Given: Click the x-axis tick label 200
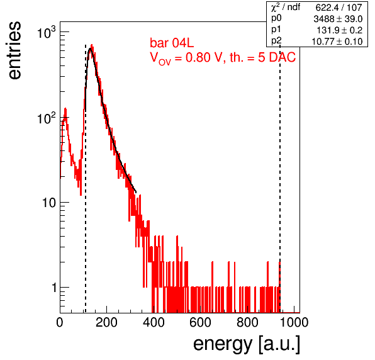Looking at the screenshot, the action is (106, 322).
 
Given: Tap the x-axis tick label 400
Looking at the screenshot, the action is (154, 322).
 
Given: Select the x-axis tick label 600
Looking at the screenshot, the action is (200, 322).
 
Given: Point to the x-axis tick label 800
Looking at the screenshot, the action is (247, 322).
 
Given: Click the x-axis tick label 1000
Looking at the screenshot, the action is (294, 322).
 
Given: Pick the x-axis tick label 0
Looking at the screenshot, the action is (60, 322).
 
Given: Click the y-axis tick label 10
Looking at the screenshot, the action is (49, 203).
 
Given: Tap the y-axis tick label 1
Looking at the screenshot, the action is (54, 288).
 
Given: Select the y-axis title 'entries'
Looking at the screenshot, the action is (15, 50).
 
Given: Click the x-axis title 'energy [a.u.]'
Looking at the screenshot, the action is (247, 344).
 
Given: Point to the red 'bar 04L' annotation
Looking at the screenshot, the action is (172, 43).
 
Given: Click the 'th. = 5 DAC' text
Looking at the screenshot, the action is (262, 57).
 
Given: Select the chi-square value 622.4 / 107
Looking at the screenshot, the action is (339, 8).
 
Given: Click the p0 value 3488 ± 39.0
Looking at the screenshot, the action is (338, 19).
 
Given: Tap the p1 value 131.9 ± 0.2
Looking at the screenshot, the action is (340, 30).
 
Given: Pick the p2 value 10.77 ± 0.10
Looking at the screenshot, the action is (337, 42).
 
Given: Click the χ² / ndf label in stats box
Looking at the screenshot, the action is (286, 7).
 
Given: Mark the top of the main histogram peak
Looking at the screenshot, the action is (92, 45).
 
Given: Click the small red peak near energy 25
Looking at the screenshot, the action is (65, 109).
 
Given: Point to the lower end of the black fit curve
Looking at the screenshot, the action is (136, 192).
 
